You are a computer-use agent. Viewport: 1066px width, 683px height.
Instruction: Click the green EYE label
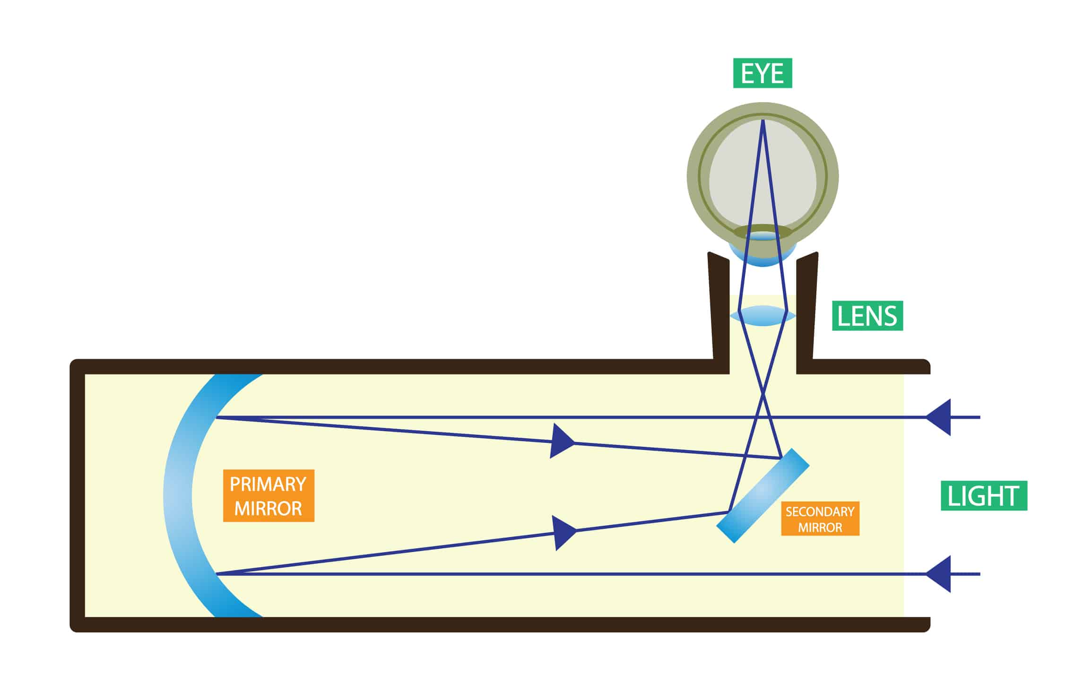coord(762,73)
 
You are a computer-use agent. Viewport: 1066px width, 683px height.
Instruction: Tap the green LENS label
coord(867,316)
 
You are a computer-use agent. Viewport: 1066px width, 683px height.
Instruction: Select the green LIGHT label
coord(984,496)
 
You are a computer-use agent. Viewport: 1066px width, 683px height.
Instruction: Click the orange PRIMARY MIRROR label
coord(268,496)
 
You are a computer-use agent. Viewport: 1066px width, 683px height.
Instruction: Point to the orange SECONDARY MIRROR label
coord(820,519)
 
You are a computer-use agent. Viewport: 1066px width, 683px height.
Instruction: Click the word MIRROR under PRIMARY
coord(268,509)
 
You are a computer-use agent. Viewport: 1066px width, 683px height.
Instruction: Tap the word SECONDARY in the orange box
coord(820,511)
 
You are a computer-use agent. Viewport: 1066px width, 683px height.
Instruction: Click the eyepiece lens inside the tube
coord(763,315)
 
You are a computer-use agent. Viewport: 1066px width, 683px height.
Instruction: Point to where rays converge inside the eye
coord(763,121)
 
